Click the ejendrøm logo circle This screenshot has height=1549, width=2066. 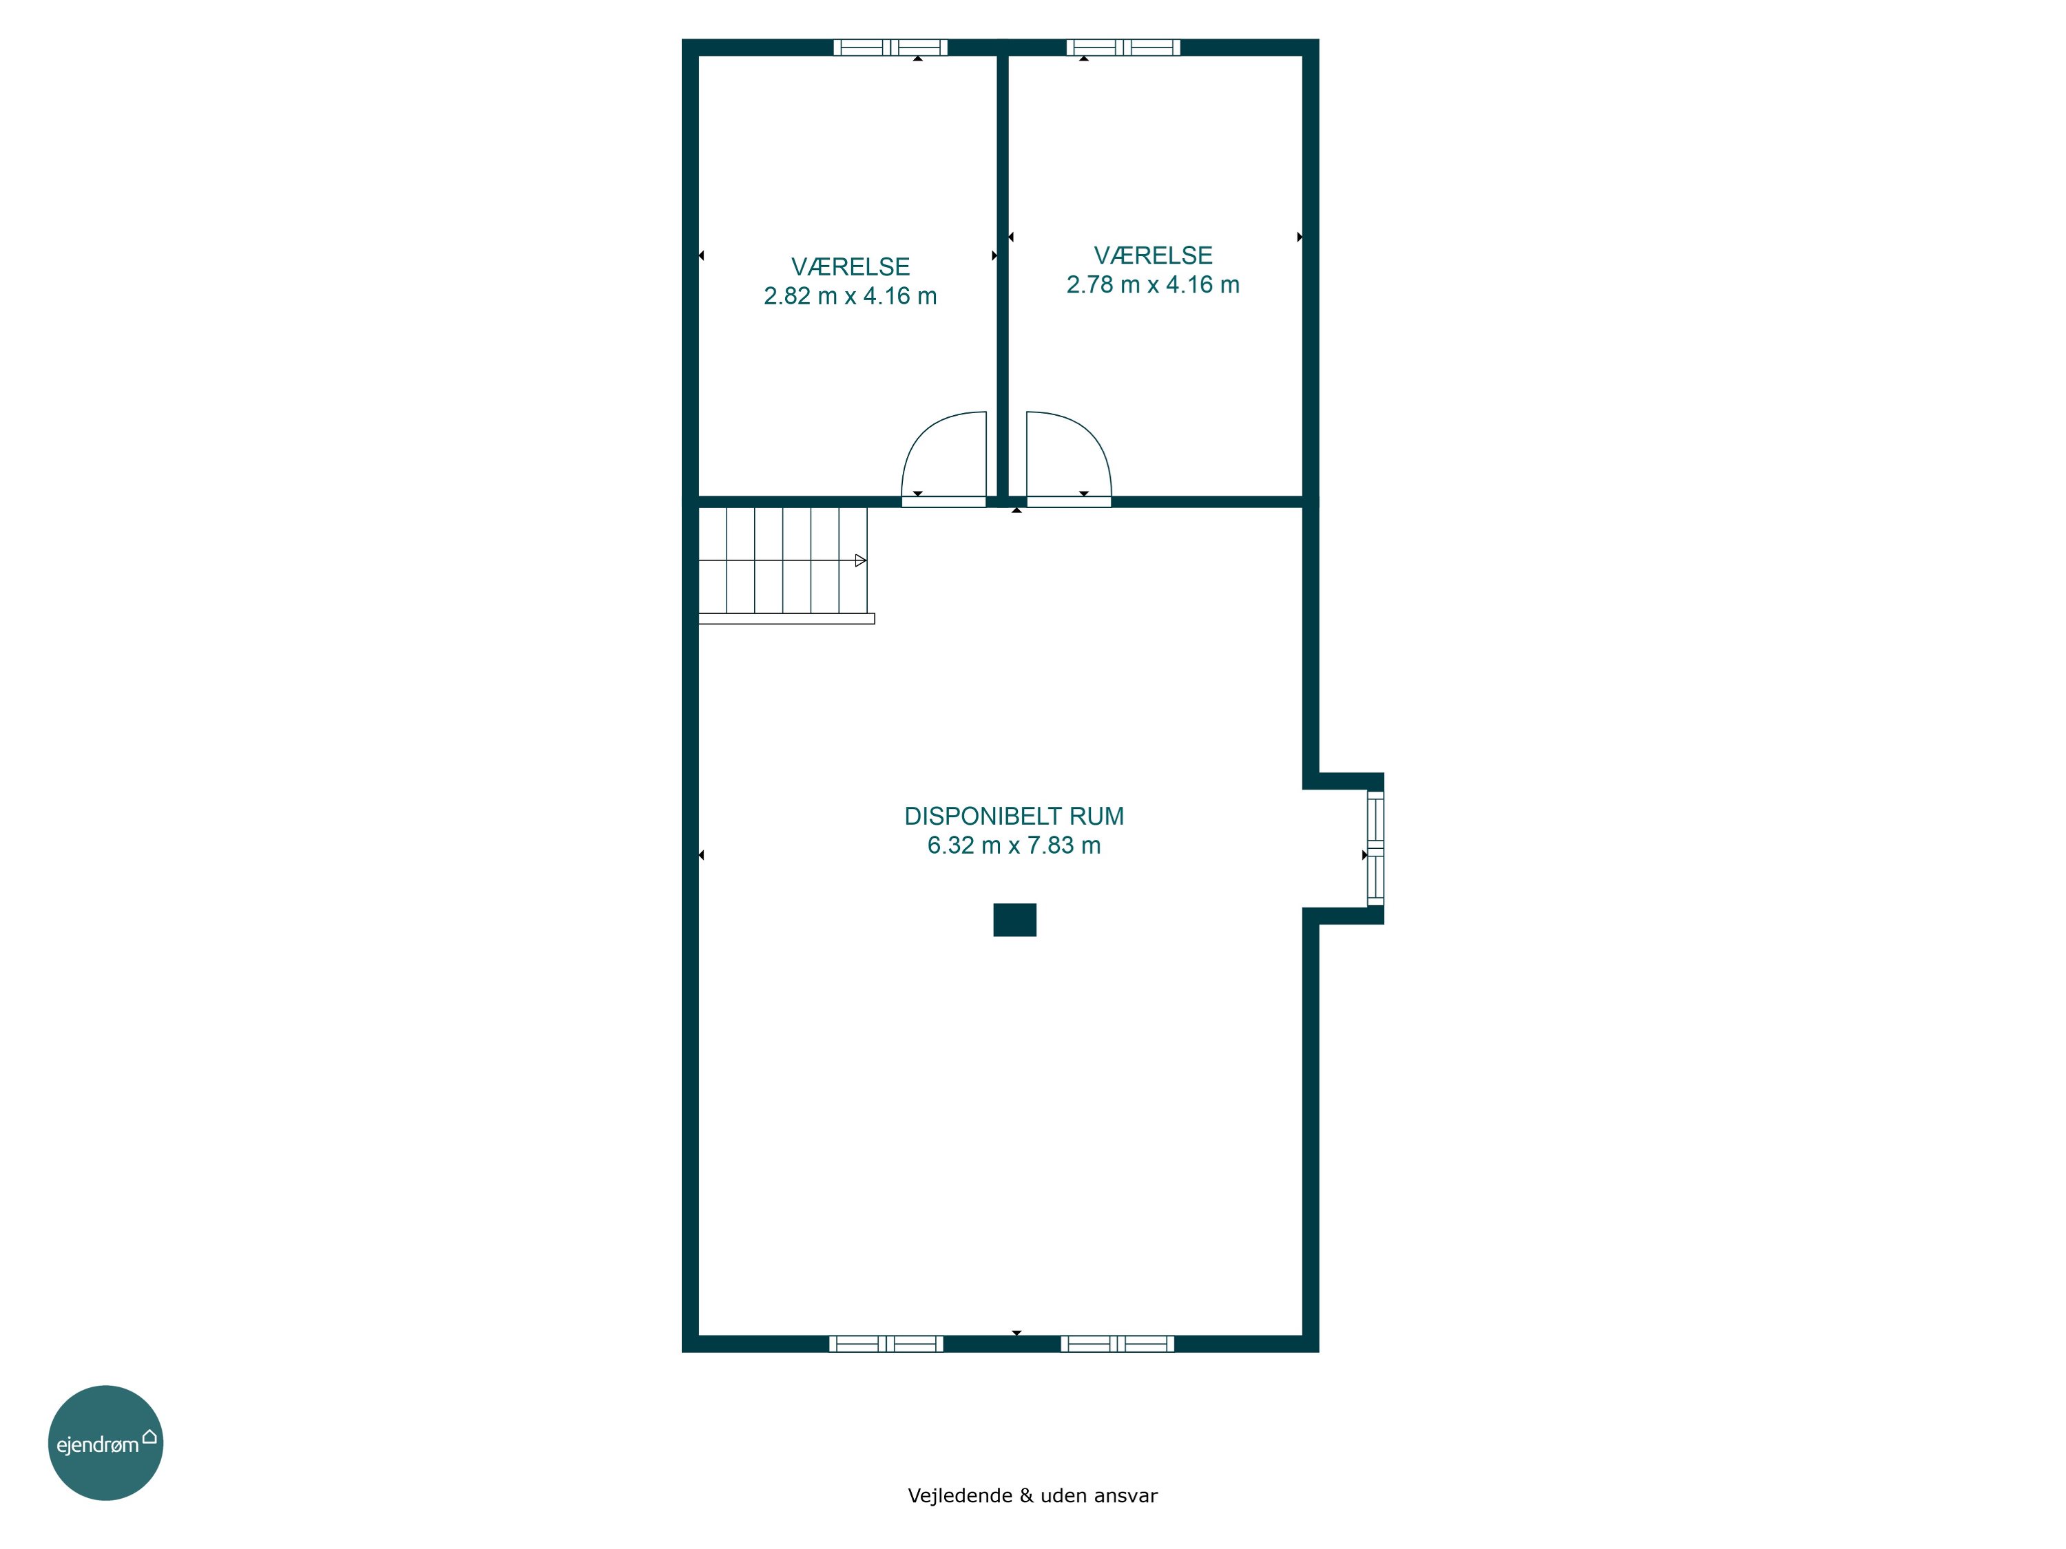coord(105,1442)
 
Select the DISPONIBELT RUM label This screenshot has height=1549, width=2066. coord(1014,816)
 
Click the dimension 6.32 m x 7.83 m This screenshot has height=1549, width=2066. coord(1014,845)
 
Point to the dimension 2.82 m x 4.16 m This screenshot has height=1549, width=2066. coord(850,296)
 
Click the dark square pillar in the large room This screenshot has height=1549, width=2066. coord(1014,920)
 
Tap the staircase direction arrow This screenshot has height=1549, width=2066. coord(860,560)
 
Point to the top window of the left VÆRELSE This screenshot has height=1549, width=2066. coord(890,48)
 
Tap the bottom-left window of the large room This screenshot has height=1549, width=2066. coord(886,1344)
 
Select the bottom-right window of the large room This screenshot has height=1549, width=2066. coord(1117,1344)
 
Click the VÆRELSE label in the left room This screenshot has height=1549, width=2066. coord(850,267)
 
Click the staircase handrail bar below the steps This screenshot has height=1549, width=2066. coord(786,618)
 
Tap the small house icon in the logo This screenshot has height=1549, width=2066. coord(149,1436)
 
